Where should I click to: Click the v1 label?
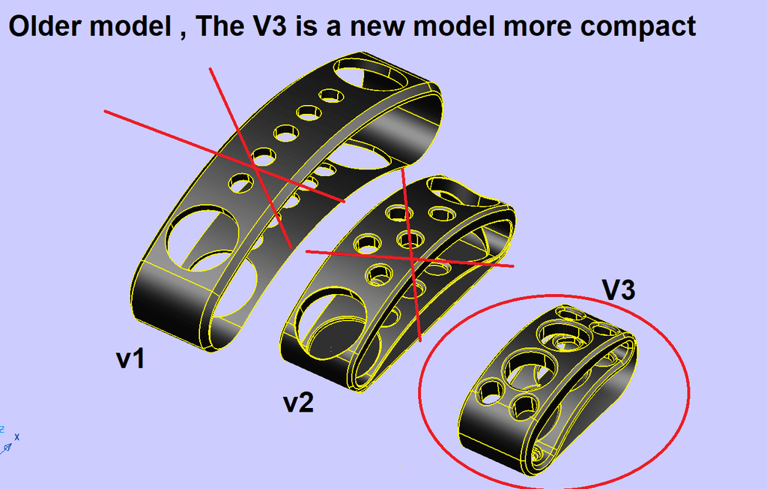click(130, 359)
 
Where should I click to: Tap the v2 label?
click(298, 403)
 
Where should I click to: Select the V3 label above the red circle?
click(618, 289)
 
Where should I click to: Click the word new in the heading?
click(378, 27)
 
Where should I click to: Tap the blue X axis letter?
click(17, 436)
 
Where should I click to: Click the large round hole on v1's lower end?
click(202, 238)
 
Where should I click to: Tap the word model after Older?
click(130, 25)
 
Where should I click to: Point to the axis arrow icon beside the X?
click(6, 448)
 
